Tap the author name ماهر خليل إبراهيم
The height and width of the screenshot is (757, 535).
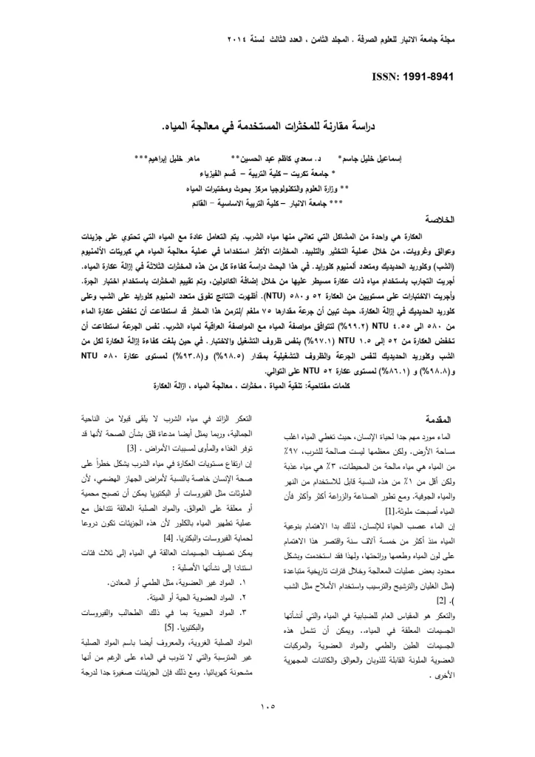[174, 159]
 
